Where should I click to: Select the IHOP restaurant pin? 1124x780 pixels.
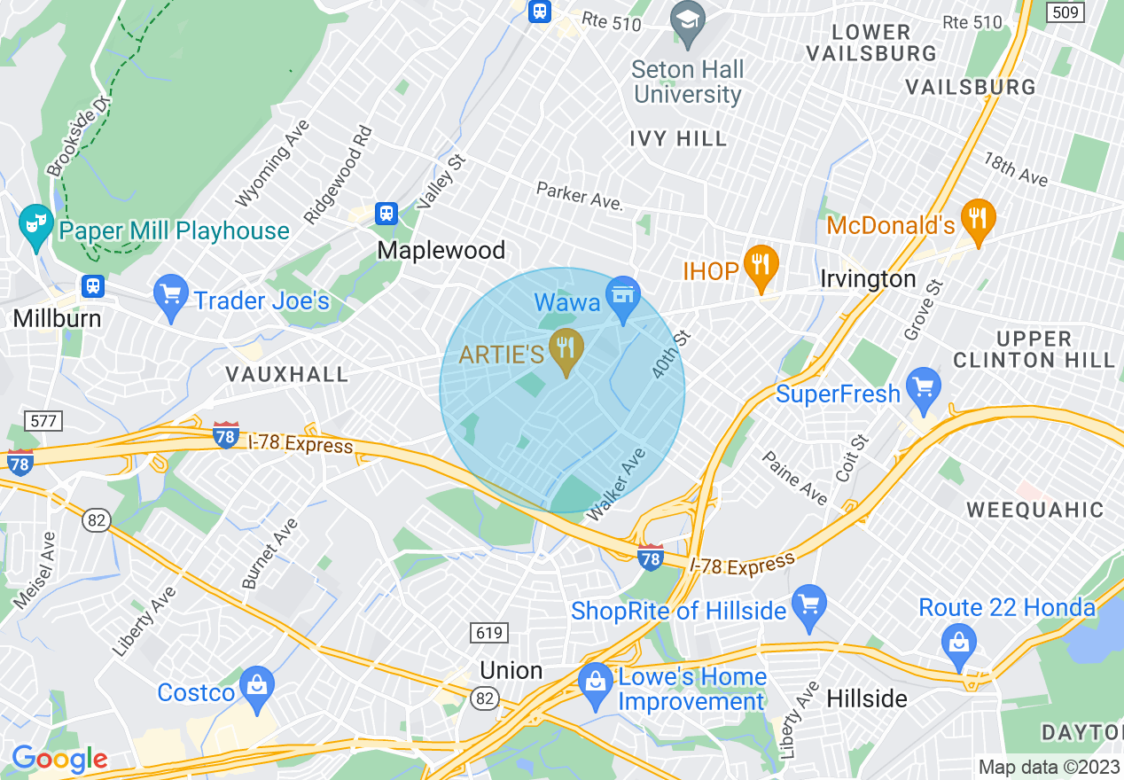point(760,265)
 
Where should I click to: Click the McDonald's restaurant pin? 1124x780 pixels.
point(978,219)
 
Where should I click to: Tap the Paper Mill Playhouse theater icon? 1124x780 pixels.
point(36,224)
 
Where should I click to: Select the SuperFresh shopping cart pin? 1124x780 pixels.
point(924,387)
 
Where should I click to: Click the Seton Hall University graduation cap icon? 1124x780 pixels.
point(687,21)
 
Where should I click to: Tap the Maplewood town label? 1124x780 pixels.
point(441,251)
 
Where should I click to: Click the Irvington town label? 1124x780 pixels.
point(868,279)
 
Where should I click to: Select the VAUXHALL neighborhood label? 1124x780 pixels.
point(286,374)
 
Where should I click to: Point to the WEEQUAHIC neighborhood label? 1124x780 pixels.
point(1034,510)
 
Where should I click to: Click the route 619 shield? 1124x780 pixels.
point(488,633)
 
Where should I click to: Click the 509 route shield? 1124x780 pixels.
point(1062,12)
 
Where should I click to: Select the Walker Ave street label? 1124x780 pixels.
point(616,484)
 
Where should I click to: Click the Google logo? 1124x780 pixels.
point(59,759)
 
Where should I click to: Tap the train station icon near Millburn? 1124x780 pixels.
point(91,286)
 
